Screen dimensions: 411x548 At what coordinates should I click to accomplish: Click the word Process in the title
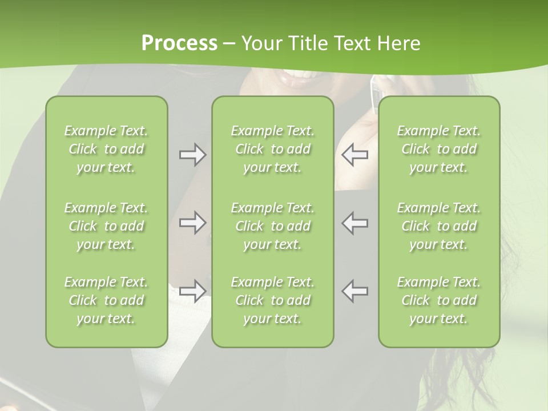click(x=179, y=43)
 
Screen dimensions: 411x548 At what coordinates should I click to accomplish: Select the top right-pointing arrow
click(x=192, y=155)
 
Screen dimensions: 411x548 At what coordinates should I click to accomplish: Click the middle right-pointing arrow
click(x=192, y=223)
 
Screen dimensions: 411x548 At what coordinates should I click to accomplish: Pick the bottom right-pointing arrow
click(x=192, y=291)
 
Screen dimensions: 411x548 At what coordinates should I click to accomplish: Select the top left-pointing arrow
click(x=355, y=155)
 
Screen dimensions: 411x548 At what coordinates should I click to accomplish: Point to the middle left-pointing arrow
click(x=355, y=223)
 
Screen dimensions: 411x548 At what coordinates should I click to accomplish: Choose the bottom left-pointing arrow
click(x=355, y=291)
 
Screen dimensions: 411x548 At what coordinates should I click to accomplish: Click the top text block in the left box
click(x=106, y=149)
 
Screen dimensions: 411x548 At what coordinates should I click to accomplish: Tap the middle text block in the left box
click(x=106, y=226)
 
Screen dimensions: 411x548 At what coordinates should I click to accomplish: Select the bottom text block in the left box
click(x=106, y=300)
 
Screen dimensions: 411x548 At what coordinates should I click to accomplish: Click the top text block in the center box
click(x=272, y=149)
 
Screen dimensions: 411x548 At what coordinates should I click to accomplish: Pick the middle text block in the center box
click(x=272, y=226)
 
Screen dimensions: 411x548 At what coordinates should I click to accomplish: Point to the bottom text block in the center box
click(x=272, y=300)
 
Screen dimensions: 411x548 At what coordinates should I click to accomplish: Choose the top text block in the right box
click(x=439, y=149)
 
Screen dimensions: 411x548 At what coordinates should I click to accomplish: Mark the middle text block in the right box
click(x=439, y=226)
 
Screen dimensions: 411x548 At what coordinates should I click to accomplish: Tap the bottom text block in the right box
click(x=439, y=300)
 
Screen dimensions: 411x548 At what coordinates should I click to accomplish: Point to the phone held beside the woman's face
click(x=373, y=91)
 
